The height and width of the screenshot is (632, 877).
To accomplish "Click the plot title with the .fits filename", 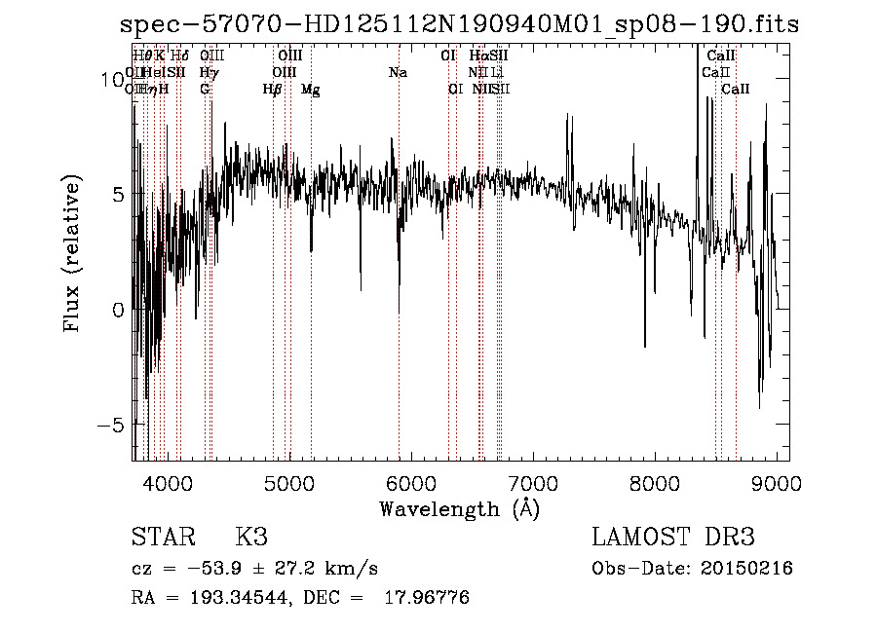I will (x=458, y=23).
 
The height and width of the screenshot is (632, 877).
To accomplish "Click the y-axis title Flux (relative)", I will (x=72, y=252).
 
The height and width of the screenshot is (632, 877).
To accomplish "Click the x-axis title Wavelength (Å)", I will (x=459, y=508).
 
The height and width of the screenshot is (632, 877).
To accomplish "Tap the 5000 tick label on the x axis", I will (x=289, y=481).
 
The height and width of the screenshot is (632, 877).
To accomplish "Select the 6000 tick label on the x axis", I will (x=411, y=481).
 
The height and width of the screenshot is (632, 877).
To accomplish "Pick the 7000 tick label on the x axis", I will (x=533, y=481).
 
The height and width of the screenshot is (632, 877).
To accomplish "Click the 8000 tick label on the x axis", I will (x=655, y=481).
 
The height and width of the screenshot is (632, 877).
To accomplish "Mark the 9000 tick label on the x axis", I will (x=777, y=481).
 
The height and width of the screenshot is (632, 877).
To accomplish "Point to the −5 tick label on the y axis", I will (x=112, y=426).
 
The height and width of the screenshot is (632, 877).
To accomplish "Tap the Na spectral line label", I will (x=397, y=72).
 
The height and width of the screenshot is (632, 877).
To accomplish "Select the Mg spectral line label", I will (x=310, y=90).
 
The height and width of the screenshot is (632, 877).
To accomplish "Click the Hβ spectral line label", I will (x=272, y=90).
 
